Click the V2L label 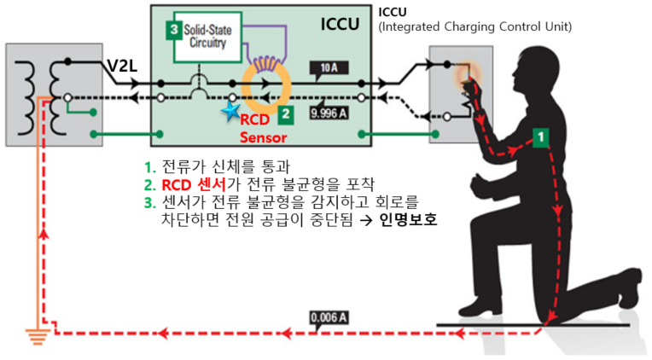coord(123,66)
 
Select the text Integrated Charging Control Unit coord(474,27)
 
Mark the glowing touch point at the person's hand coord(465,75)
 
